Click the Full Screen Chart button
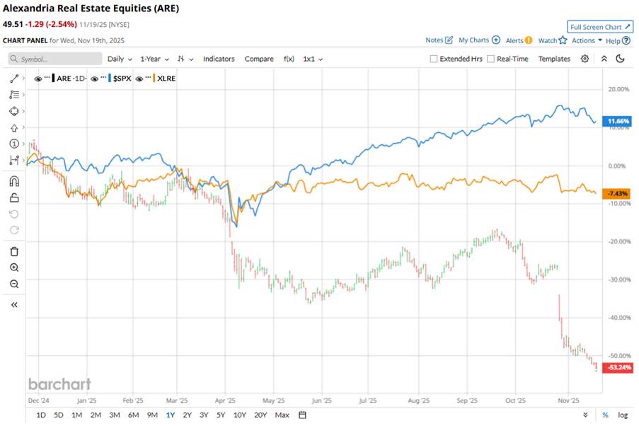tap(599, 27)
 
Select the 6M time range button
tap(133, 415)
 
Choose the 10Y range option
tap(240, 415)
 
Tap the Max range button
tap(282, 415)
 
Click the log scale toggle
tap(623, 415)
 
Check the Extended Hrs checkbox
tap(434, 59)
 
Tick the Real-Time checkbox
tap(491, 59)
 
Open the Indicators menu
tap(219, 59)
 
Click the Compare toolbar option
tap(259, 59)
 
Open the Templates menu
tap(554, 59)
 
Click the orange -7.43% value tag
tap(614, 194)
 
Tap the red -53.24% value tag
tap(614, 368)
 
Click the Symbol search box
tap(54, 59)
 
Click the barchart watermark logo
tap(59, 384)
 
